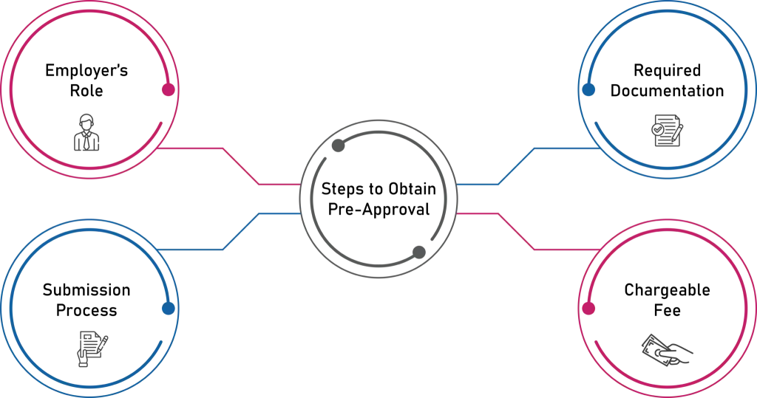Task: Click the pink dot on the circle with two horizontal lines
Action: pos(169,90)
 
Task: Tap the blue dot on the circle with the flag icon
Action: pos(169,309)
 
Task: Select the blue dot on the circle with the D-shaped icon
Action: pos(588,90)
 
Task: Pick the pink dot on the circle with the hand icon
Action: pos(588,309)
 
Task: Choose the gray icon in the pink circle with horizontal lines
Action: pos(87,134)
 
